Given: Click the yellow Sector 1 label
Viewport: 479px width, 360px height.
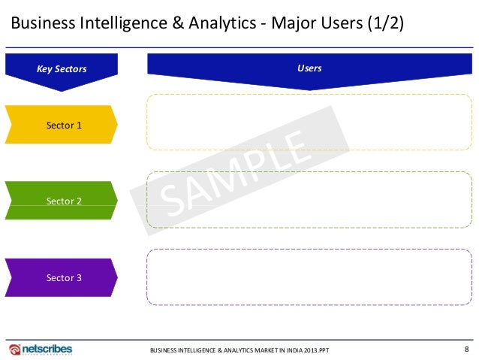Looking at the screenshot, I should pos(64,125).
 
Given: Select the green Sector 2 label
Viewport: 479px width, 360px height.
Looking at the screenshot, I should pos(64,201).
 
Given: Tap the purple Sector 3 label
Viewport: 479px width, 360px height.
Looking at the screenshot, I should pos(64,278).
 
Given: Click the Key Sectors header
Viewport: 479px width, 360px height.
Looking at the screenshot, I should pos(62,69).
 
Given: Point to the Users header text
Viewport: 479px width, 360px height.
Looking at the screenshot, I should pos(309,68).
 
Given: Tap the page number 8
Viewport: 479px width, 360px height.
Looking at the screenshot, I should pos(467,349).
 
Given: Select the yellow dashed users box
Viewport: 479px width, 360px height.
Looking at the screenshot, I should pos(309,122).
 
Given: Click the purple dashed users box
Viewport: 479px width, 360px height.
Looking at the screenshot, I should pos(309,277).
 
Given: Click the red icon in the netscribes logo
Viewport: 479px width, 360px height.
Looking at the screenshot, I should pos(15,349).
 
